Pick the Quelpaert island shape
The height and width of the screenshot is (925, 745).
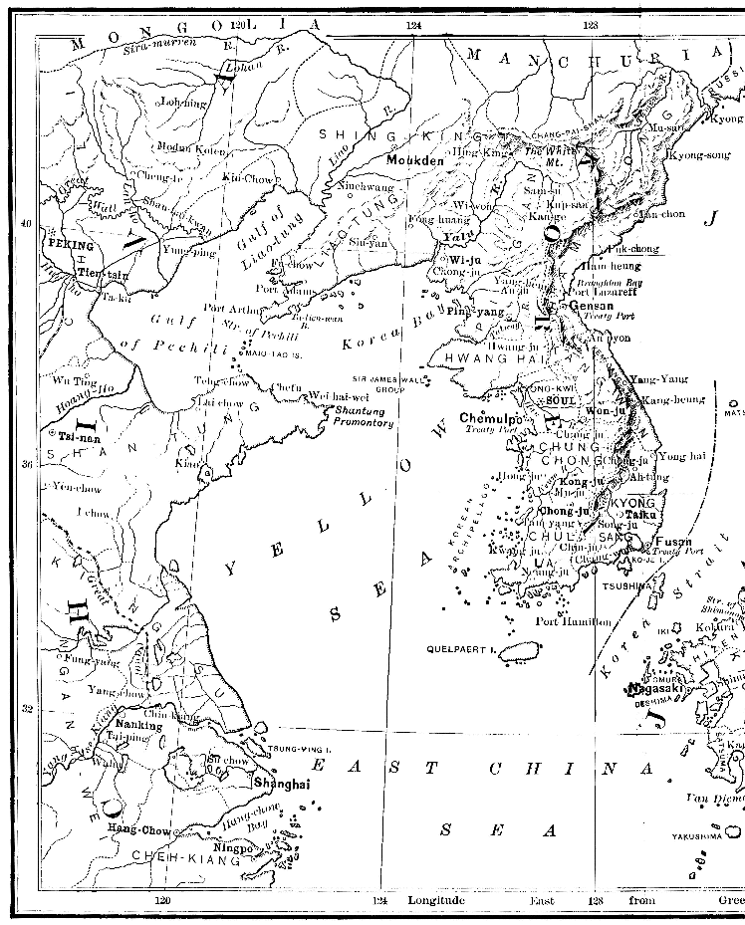point(512,650)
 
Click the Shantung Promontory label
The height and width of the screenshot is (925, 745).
point(366,416)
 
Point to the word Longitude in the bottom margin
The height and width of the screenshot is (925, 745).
point(436,900)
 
